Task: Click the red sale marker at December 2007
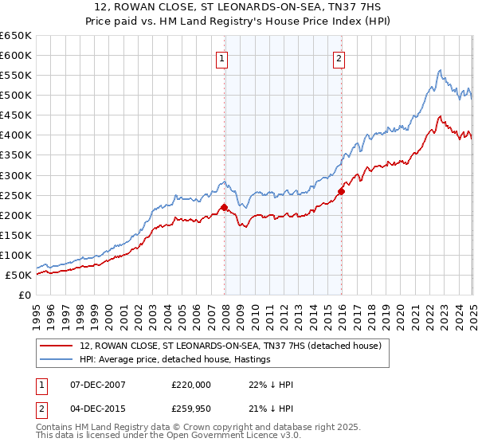point(224,207)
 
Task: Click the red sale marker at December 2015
point(341,191)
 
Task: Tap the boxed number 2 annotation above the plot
point(339,57)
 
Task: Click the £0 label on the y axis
point(24,295)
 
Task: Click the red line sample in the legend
point(56,346)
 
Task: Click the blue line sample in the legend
point(56,359)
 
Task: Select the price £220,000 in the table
point(191,384)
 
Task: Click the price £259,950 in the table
point(191,409)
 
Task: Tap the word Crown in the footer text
point(202,428)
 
